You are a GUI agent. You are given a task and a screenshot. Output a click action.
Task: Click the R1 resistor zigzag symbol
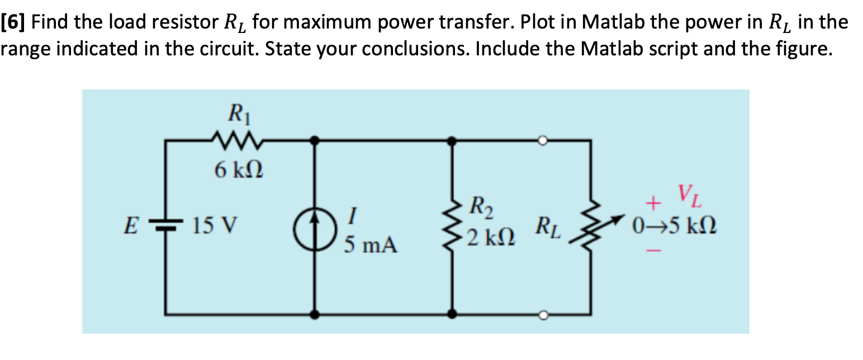click(x=234, y=141)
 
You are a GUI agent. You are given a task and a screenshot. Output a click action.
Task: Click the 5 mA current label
click(x=371, y=245)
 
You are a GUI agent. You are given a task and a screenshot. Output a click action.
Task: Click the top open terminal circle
click(x=542, y=140)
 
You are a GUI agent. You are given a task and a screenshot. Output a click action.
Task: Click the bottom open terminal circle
click(x=542, y=316)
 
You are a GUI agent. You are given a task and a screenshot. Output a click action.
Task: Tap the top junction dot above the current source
click(x=315, y=140)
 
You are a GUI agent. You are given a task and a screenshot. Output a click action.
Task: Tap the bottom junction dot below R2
click(x=453, y=315)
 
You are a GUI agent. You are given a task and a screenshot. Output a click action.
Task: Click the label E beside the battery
click(x=130, y=227)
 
